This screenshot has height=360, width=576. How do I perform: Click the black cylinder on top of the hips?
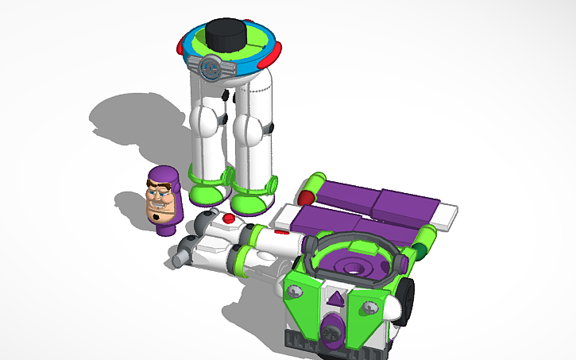226,34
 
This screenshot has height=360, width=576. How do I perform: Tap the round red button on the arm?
229,218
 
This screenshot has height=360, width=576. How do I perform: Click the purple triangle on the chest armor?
337,300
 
